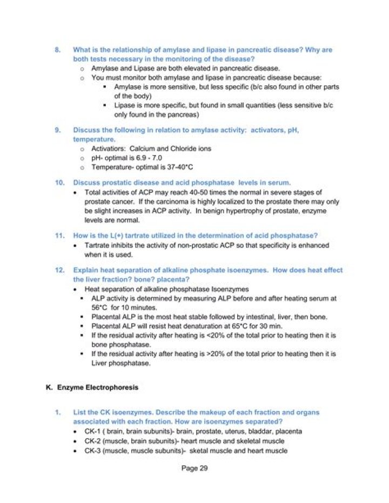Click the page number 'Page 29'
[x=194, y=468]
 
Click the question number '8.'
[x=57, y=50]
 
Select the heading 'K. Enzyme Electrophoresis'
[x=92, y=387]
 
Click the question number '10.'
[x=59, y=182]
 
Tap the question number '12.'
[x=59, y=270]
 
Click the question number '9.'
[x=57, y=130]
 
